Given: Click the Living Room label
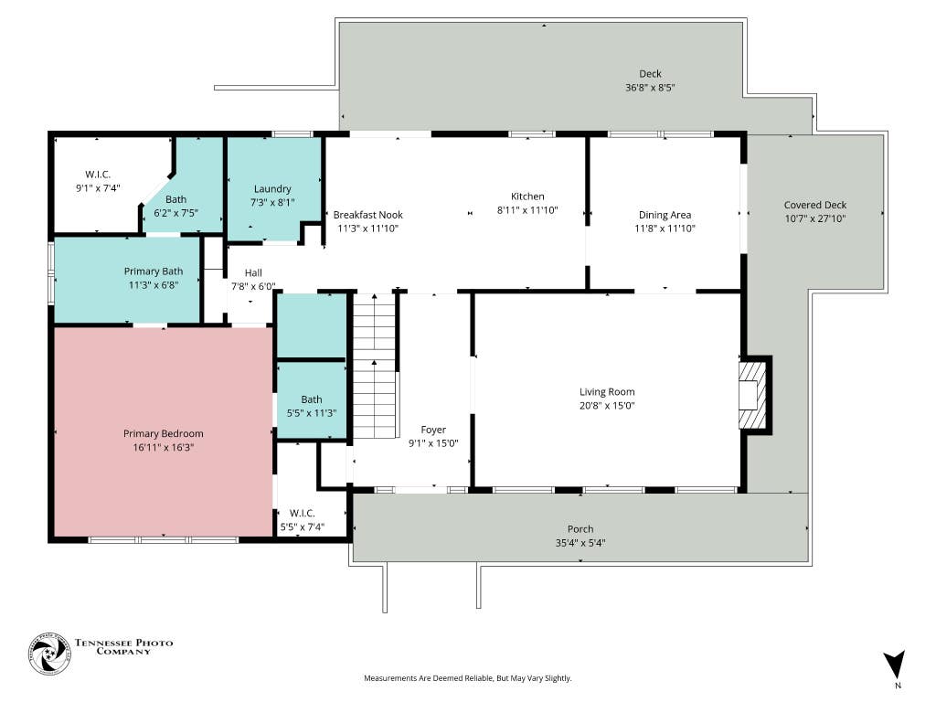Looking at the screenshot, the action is coord(607,391).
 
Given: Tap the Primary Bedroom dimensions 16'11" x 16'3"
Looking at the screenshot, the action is coord(164,447).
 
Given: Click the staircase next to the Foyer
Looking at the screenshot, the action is coord(375,366).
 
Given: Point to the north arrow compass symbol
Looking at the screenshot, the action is coord(894,665).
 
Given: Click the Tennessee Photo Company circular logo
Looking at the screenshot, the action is coord(49,654).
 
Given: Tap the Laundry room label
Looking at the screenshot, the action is coord(272,188).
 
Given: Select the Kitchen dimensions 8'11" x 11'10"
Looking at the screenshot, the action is coord(527,209).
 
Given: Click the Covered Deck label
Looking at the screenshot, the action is coord(814,205).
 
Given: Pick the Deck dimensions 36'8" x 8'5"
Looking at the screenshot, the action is coord(650,87).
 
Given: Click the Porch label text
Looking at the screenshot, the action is coord(580,529).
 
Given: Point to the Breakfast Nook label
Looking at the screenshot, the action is coord(367,214).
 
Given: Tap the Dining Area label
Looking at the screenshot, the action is coord(665,215).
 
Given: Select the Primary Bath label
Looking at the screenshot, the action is coord(154,271).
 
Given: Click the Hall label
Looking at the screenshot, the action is coord(253,272).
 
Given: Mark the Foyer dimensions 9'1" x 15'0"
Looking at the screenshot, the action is coord(433,443).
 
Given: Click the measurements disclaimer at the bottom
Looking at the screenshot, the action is coord(468,678).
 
